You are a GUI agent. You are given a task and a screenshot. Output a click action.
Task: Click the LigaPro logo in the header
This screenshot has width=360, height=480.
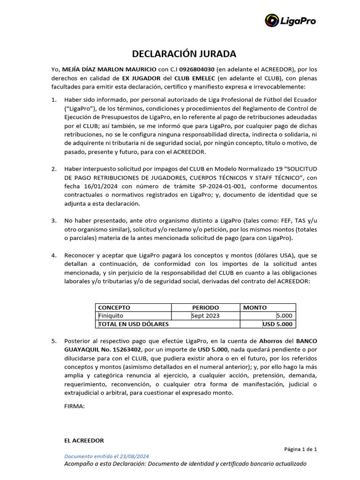(x=290, y=21)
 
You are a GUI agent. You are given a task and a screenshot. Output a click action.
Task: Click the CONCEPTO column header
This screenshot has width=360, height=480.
(x=114, y=307)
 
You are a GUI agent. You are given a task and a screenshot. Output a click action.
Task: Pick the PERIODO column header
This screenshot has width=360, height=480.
(x=205, y=307)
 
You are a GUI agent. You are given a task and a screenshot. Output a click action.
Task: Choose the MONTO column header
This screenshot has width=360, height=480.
(x=255, y=307)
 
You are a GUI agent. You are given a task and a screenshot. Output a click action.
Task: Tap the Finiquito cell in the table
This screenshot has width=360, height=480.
(x=111, y=315)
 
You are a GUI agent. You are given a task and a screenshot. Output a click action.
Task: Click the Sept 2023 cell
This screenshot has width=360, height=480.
(x=205, y=315)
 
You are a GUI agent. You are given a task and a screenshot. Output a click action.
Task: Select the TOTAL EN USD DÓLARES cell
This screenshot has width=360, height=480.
(x=133, y=324)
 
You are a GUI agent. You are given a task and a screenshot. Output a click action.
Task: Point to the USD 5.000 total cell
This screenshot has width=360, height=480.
(x=277, y=324)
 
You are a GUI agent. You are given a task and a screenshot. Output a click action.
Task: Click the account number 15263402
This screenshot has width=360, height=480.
(x=126, y=350)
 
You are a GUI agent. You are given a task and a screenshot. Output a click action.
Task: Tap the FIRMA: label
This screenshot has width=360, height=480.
(x=74, y=406)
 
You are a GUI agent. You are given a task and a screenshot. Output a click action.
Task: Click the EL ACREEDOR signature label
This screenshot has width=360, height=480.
(x=84, y=441)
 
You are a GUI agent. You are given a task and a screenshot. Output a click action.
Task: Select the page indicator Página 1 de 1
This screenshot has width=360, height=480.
(x=300, y=449)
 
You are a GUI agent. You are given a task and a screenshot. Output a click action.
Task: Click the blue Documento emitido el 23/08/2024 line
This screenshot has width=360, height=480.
(x=106, y=456)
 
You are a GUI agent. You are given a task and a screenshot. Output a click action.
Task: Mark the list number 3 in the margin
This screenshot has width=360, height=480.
(x=54, y=220)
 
